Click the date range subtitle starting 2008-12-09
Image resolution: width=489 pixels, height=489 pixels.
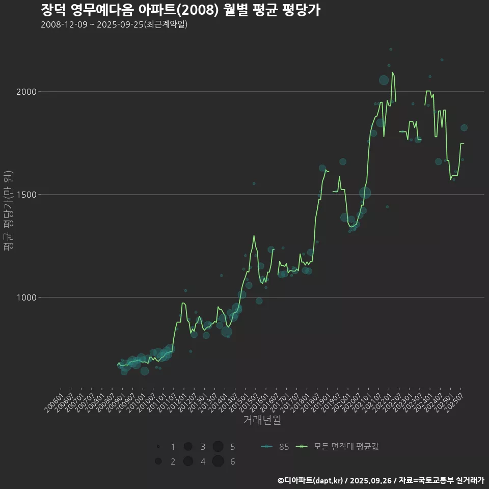click(114, 24)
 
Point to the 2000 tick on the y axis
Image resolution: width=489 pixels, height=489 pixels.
click(26, 92)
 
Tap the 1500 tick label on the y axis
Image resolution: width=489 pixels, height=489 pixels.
click(26, 195)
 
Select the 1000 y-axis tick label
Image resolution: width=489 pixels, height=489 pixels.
click(26, 297)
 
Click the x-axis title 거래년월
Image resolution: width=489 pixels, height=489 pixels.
click(262, 420)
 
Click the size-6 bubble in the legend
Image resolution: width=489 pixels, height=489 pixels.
click(218, 461)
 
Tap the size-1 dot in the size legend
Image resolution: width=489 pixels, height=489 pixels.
click(158, 447)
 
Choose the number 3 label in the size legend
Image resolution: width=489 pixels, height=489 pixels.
click(203, 447)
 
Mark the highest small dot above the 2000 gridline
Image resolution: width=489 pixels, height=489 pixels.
click(391, 49)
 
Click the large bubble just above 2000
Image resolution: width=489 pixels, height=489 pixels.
click(384, 80)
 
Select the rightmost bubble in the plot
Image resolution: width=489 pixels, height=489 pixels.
click(464, 128)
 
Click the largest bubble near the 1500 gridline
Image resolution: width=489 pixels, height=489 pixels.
click(365, 193)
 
